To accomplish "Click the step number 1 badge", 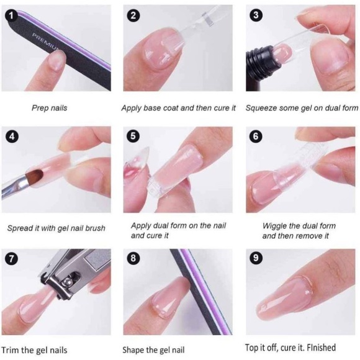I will pos(11,16).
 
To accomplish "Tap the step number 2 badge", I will pos(133,16).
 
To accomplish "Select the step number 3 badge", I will pos(254,16).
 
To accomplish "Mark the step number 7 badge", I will pos(11,258).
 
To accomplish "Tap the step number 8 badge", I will pos(133,258).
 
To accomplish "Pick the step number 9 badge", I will pos(254,258).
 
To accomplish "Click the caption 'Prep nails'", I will pos(49,108).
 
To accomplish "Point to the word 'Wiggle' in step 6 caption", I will pos(275,225).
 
